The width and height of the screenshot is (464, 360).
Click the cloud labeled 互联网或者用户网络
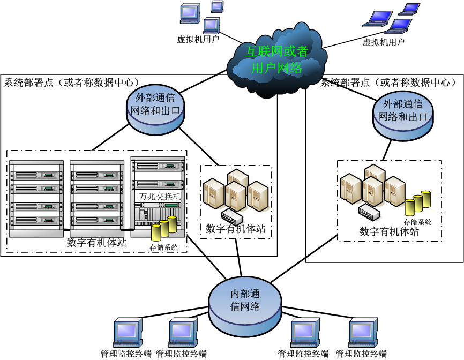coord(276,59)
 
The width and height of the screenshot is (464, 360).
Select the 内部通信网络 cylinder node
coord(245,304)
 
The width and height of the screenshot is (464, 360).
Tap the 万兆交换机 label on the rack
coord(160,197)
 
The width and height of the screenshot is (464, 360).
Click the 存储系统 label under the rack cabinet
coord(163,247)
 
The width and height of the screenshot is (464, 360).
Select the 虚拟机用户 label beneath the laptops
coord(384,42)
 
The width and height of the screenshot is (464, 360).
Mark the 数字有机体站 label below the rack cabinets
coord(96,242)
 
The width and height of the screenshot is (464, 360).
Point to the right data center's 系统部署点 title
coord(388,82)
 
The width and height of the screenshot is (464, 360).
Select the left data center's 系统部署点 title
coord(72,82)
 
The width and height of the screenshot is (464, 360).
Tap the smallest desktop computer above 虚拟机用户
coord(217,6)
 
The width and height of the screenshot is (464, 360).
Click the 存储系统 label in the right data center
coord(417,222)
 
